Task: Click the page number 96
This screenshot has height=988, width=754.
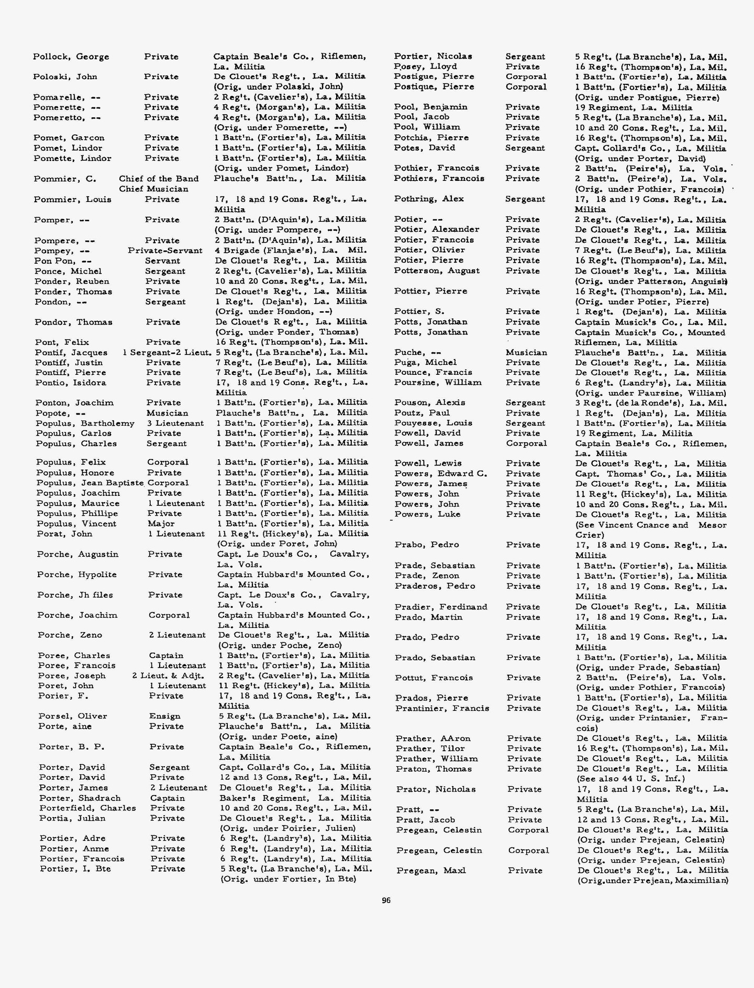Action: [386, 900]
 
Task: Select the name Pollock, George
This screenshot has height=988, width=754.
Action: [71, 57]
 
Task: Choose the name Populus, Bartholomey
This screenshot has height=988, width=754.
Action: [85, 423]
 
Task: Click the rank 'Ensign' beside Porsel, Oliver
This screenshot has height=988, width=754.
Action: [165, 716]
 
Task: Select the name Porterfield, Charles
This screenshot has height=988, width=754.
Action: [87, 808]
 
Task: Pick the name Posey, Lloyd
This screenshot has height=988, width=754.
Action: [426, 67]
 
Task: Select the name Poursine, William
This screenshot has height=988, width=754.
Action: [438, 383]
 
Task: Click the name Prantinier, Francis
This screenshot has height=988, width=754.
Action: [442, 708]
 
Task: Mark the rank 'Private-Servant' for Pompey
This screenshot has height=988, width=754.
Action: [165, 251]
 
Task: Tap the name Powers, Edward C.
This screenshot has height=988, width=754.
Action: [441, 473]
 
